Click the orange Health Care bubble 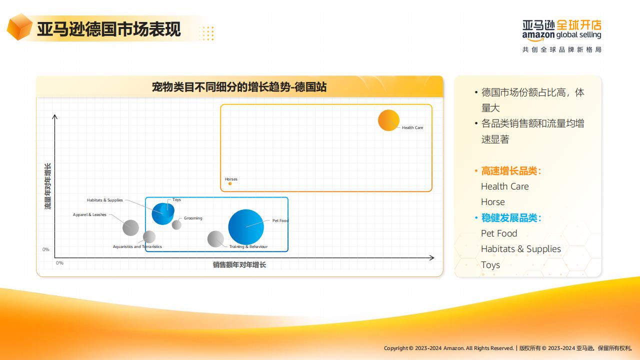coord(388,120)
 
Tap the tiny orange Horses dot coord(230,183)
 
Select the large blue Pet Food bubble coord(246,227)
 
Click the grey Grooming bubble coord(176,225)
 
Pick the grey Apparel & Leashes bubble coord(130,227)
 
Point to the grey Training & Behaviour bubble coord(215,239)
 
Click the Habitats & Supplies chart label coord(105,200)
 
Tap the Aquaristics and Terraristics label coord(137,246)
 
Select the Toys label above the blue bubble coord(176,199)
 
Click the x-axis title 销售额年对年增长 coord(239,265)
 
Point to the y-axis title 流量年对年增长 coord(48,186)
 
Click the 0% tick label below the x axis coord(59,263)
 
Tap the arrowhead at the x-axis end coord(432,257)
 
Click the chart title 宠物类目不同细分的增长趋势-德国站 coord(239,87)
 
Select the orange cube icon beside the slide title coord(19,27)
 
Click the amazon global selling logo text coord(561,35)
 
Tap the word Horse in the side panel coord(493,202)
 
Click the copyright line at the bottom coord(507,348)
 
